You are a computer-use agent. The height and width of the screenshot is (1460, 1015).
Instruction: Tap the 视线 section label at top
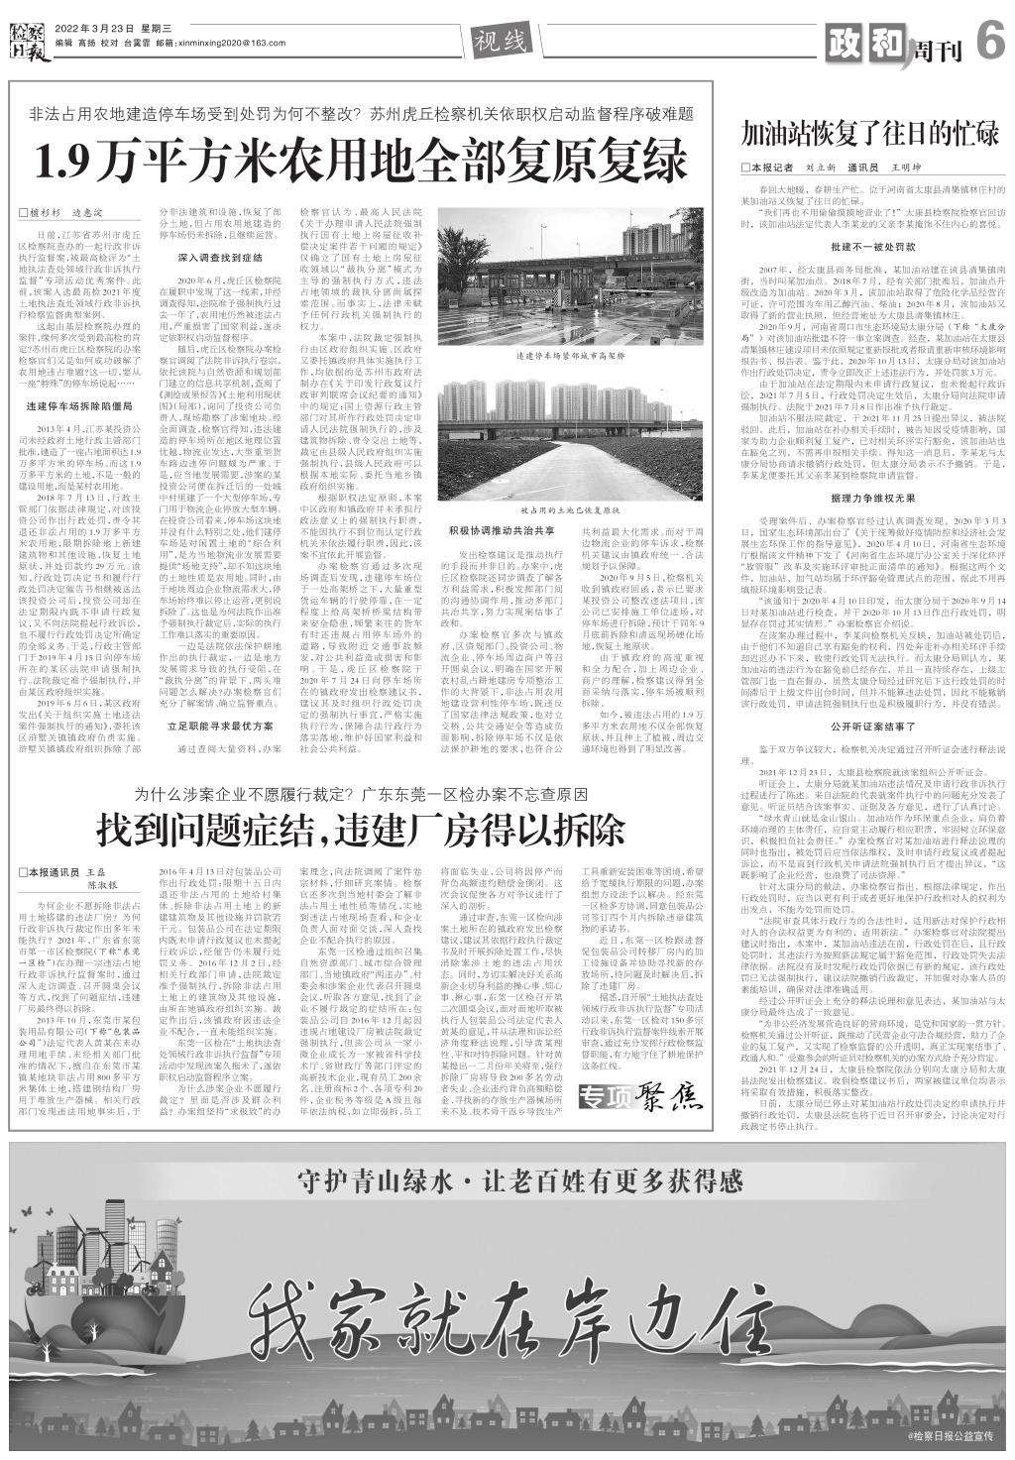[498, 41]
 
